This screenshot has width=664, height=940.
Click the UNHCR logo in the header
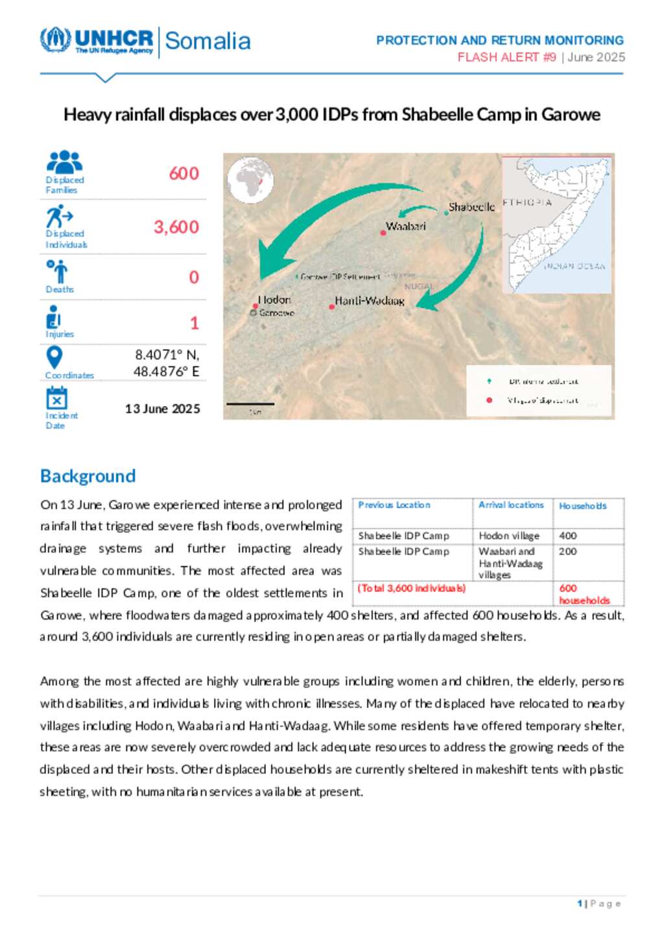97,40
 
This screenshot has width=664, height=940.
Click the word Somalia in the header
207,41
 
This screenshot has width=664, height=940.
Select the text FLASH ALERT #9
506,57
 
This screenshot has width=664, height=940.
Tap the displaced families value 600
184,174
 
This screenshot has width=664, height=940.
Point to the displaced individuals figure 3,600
176,227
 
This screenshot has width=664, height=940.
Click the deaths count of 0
194,278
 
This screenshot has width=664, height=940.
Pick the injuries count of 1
194,323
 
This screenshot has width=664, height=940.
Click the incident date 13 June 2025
163,409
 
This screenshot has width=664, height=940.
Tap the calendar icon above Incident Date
56,398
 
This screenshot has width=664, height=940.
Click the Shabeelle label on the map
471,207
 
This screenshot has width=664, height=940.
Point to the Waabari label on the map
406,226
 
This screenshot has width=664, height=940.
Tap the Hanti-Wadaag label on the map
370,301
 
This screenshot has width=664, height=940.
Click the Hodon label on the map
275,300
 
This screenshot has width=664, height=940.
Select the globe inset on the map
250,181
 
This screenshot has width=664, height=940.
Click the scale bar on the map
250,404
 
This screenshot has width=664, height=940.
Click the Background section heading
88,476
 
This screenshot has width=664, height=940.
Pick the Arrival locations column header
511,505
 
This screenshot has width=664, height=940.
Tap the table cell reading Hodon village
509,536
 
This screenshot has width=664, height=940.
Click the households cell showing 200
568,551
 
